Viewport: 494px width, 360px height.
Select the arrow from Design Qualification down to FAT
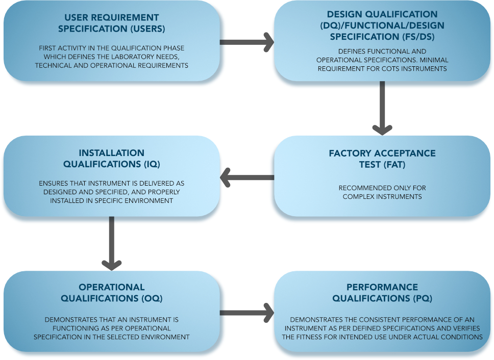pos(382,108)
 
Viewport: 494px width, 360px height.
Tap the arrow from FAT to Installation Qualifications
pos(247,177)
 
